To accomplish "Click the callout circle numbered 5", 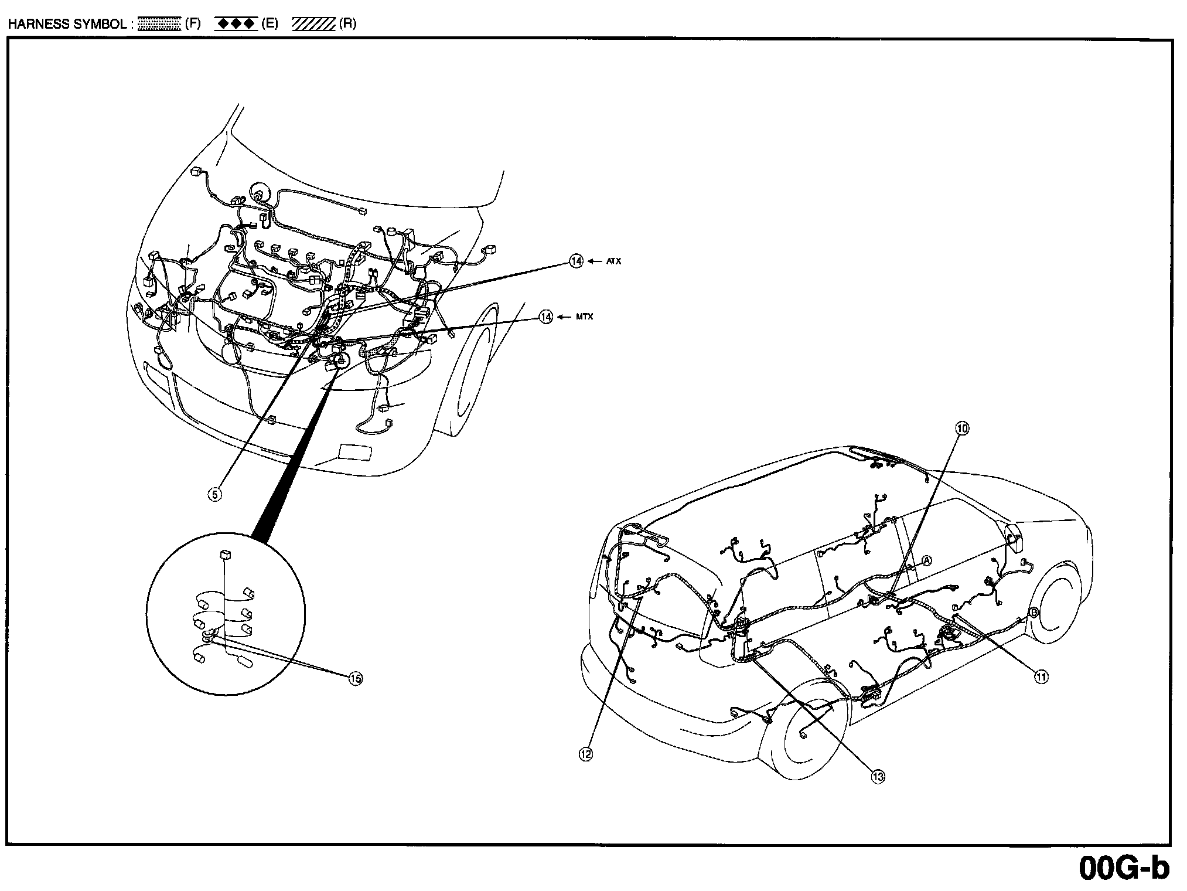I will point(215,494).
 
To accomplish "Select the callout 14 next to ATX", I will point(577,261).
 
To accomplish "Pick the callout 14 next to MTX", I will point(545,317).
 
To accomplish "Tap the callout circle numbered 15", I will point(355,679).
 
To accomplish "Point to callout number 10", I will point(963,429).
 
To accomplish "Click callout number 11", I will point(1041,677).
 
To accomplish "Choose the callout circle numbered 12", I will point(585,754).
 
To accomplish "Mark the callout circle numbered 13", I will point(877,777).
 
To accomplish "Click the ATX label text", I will point(613,261).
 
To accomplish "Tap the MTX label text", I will point(585,317).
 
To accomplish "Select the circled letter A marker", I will point(927,560).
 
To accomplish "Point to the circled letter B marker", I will point(1033,613).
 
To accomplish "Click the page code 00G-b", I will point(1124,869).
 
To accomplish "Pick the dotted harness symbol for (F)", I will point(159,24).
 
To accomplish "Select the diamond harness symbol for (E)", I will point(236,24).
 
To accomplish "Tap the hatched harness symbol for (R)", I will point(314,24).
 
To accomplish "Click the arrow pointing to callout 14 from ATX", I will point(595,261).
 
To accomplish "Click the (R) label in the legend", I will point(347,24).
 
